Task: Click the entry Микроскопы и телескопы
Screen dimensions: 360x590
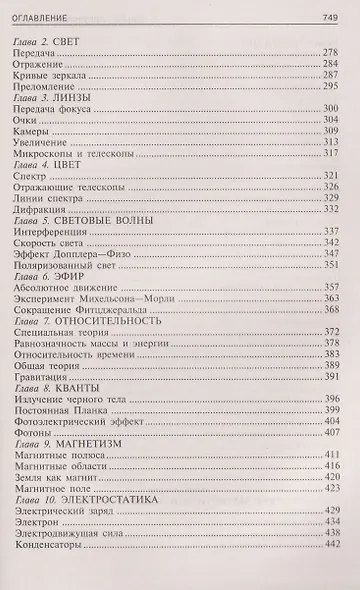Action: (x=77, y=154)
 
